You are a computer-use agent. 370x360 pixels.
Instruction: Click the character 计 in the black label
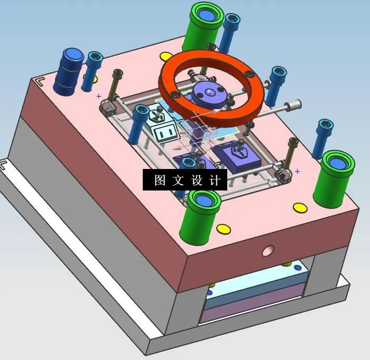coord(214,181)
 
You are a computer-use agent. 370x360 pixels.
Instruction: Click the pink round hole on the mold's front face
coord(269,250)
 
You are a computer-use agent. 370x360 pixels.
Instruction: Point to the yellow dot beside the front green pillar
coord(224,229)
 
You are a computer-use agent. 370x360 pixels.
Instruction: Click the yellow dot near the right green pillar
coord(301,207)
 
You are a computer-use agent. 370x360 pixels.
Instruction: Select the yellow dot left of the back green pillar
coord(166,56)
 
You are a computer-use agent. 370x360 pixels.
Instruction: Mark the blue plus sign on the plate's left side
coord(99,96)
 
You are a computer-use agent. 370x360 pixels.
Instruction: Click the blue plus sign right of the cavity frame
coord(298,171)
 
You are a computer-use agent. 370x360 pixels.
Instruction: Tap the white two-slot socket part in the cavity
coord(165,130)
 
